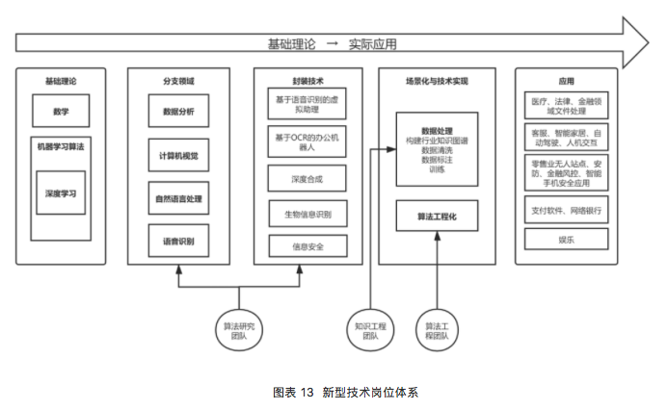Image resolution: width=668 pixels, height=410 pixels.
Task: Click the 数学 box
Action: click(60, 112)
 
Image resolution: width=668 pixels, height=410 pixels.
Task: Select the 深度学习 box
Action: click(60, 193)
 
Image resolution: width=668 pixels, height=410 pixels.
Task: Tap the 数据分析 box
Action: click(178, 112)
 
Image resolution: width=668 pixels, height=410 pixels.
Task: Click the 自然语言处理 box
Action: click(178, 199)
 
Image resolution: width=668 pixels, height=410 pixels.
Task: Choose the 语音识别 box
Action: click(178, 241)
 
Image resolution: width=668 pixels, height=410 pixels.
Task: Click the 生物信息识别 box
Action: click(307, 214)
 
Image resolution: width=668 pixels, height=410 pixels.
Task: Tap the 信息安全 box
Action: click(307, 246)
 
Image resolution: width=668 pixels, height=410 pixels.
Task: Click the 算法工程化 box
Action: click(437, 217)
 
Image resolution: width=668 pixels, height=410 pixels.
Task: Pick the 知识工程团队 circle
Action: click(371, 326)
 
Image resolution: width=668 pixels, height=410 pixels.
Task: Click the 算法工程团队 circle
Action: click(437, 326)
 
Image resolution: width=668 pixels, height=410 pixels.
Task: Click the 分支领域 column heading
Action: click(178, 81)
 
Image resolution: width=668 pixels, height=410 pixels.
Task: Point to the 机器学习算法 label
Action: click(60, 146)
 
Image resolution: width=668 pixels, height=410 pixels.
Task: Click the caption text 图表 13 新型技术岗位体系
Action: click(334, 392)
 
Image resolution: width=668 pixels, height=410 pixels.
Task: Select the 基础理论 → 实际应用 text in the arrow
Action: click(332, 43)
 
